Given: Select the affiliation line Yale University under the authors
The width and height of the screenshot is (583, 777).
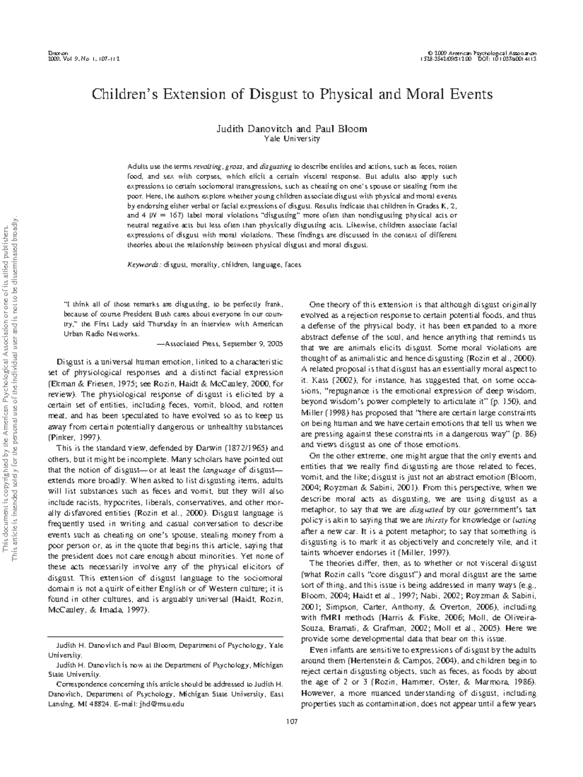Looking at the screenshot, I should click(x=291, y=139).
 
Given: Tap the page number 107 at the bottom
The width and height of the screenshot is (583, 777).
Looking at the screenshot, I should click(x=291, y=721).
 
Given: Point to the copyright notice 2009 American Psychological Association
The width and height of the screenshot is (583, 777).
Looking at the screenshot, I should click(x=487, y=52).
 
